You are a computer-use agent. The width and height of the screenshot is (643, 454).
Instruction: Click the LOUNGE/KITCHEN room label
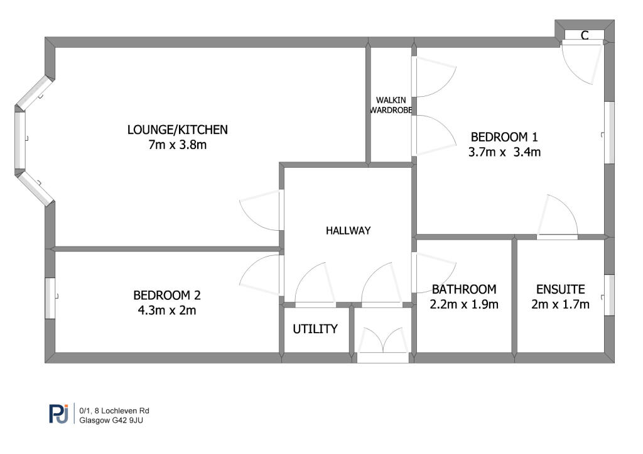[x=177, y=130]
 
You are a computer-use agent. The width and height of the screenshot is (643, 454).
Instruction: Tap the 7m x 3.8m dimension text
[x=177, y=145]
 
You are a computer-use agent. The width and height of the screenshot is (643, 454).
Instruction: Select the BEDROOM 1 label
[x=505, y=136]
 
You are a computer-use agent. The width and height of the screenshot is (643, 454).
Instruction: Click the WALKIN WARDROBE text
[x=391, y=105]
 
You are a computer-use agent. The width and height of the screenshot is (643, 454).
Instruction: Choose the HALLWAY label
[x=348, y=231]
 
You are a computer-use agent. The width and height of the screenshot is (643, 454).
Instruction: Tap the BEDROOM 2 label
[x=166, y=295]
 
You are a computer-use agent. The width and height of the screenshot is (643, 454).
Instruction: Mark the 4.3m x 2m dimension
[x=166, y=310]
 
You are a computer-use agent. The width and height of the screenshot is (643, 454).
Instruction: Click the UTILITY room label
[x=315, y=329]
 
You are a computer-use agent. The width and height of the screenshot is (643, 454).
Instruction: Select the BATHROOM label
[x=464, y=289]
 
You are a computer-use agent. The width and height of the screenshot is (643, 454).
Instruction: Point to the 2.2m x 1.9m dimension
[x=465, y=305]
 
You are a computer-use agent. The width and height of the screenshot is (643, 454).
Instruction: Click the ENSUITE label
[x=560, y=289]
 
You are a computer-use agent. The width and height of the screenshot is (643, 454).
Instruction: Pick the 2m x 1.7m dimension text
[x=560, y=305]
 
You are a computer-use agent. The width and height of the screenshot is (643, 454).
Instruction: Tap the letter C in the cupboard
[x=584, y=36]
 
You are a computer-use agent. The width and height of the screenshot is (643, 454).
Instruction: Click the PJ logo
[x=58, y=414]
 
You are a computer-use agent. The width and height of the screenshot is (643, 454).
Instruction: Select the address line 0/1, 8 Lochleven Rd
[x=114, y=410]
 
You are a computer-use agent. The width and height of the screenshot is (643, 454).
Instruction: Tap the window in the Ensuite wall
[x=608, y=294]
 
